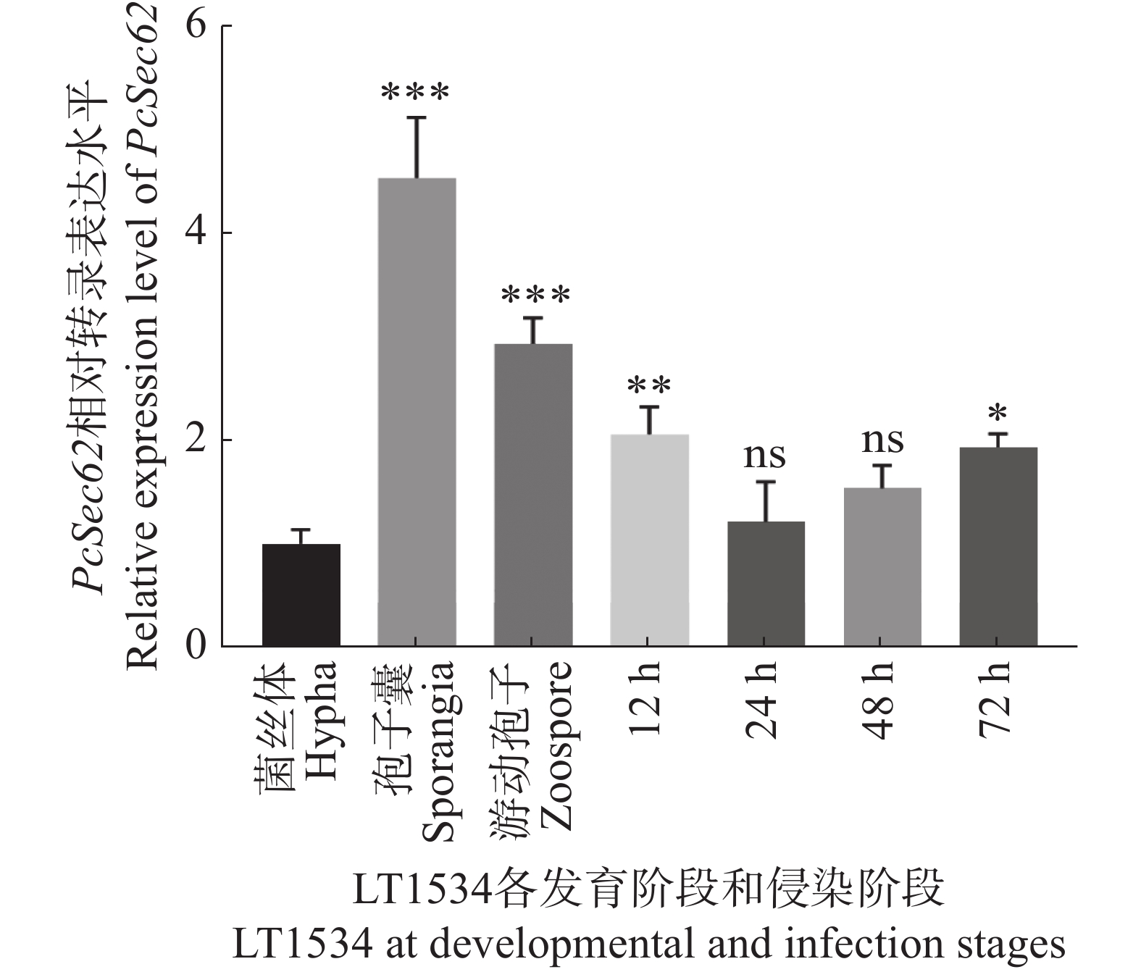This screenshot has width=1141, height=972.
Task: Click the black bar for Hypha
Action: [x=301, y=595]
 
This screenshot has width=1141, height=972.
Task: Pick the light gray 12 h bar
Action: [x=649, y=540]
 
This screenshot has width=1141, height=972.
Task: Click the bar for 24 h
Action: [x=766, y=583]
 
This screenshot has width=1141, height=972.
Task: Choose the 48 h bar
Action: [x=882, y=566]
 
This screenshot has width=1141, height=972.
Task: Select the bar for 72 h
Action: [x=998, y=546]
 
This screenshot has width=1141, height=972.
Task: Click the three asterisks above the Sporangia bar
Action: [x=416, y=93]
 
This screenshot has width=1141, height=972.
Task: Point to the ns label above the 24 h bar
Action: [x=766, y=456]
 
